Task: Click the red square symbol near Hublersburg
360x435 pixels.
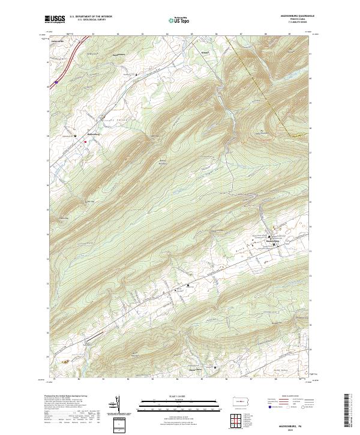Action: point(85,142)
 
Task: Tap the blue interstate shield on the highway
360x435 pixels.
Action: point(56,82)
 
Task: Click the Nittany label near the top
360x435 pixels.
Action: point(204,52)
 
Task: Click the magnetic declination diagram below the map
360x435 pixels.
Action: point(116,404)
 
